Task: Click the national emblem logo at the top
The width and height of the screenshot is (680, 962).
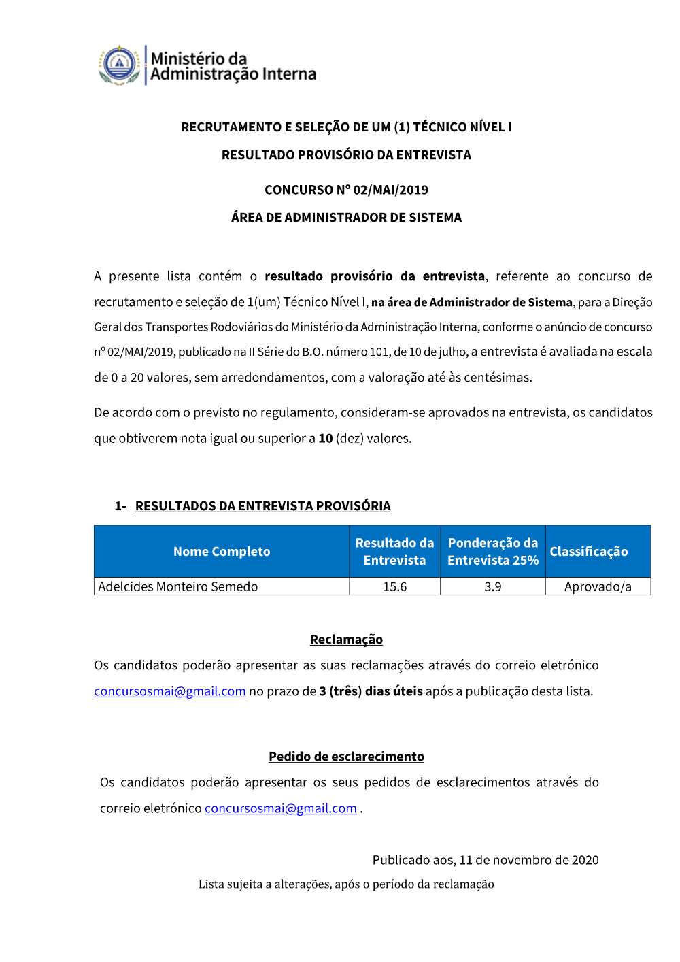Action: (120, 65)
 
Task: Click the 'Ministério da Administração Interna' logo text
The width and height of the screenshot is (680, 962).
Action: (233, 67)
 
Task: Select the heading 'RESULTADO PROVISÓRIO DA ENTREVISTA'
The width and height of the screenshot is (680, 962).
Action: (346, 155)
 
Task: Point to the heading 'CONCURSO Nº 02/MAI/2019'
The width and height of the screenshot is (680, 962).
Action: (346, 190)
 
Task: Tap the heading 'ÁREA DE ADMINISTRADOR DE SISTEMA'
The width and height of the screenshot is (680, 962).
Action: (346, 218)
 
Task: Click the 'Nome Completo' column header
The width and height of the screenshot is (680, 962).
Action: (222, 552)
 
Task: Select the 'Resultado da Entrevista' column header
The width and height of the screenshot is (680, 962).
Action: (394, 552)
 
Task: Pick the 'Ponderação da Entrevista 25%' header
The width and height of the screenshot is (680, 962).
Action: (493, 552)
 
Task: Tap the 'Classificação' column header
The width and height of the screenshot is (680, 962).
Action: (589, 552)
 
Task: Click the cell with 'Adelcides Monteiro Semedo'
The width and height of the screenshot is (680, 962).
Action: (178, 586)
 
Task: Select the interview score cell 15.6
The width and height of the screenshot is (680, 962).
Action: (395, 586)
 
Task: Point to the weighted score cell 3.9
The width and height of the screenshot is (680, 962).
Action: (493, 586)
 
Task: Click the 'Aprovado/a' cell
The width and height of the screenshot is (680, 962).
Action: (598, 586)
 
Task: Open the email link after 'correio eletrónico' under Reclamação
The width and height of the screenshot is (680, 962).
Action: (170, 691)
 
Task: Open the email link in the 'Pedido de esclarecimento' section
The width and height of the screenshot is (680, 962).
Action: (281, 808)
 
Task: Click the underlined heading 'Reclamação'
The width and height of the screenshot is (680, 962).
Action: (346, 640)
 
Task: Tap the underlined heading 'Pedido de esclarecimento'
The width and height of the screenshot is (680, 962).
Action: (346, 757)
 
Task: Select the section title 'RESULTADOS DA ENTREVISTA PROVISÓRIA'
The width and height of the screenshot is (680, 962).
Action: (262, 506)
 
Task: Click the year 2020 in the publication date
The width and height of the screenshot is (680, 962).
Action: (585, 860)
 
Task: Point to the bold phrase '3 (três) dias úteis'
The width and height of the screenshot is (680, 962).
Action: (371, 691)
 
